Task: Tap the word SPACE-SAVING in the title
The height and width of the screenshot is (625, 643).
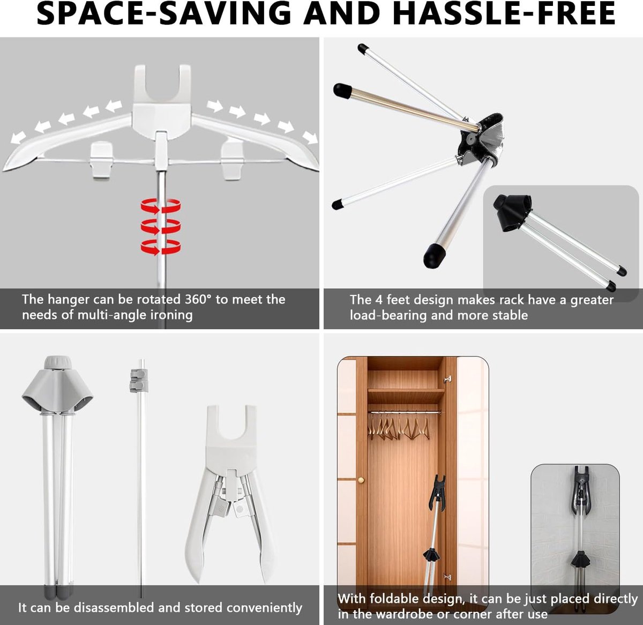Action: click(163, 14)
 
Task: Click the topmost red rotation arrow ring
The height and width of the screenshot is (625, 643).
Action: click(161, 206)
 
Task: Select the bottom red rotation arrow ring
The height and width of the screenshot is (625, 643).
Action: click(161, 247)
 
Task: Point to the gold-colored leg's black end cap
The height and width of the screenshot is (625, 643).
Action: click(342, 91)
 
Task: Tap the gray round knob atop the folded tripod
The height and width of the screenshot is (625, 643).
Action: click(58, 362)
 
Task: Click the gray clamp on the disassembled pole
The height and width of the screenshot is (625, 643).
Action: click(139, 381)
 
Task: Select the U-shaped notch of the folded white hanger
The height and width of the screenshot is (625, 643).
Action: click(231, 426)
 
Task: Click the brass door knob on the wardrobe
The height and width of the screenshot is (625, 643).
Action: click(361, 480)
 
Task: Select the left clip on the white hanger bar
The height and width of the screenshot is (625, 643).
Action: click(101, 160)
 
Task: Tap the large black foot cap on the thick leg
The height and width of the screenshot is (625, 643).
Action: click(434, 256)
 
